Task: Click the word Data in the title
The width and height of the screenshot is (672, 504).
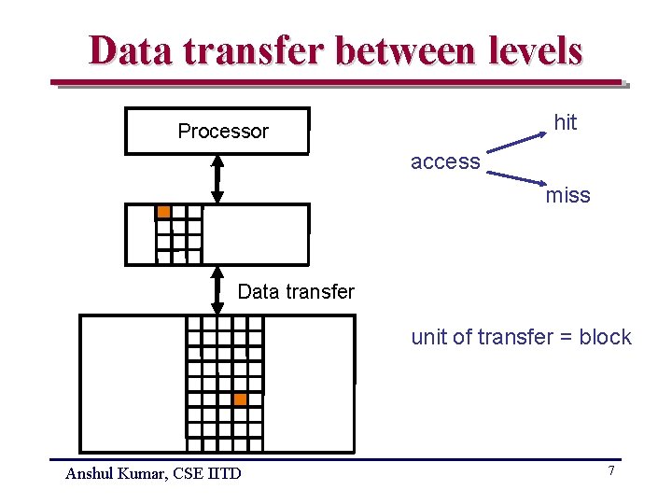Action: pyautogui.click(x=126, y=50)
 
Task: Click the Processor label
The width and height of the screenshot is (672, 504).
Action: pyautogui.click(x=223, y=132)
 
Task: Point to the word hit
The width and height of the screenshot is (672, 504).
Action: pyautogui.click(x=566, y=122)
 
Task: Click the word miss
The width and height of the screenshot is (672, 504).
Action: pyautogui.click(x=568, y=195)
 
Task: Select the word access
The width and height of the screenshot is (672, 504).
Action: pyautogui.click(x=445, y=161)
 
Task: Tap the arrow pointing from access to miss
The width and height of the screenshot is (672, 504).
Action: pyautogui.click(x=518, y=178)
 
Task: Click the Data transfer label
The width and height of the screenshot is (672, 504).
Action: pyautogui.click(x=296, y=292)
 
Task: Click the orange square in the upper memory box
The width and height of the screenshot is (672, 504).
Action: pyautogui.click(x=163, y=212)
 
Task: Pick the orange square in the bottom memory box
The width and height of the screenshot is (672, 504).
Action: pyautogui.click(x=240, y=399)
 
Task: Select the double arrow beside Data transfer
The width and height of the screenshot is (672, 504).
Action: pyautogui.click(x=217, y=290)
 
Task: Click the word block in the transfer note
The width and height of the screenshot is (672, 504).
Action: pyautogui.click(x=606, y=338)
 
